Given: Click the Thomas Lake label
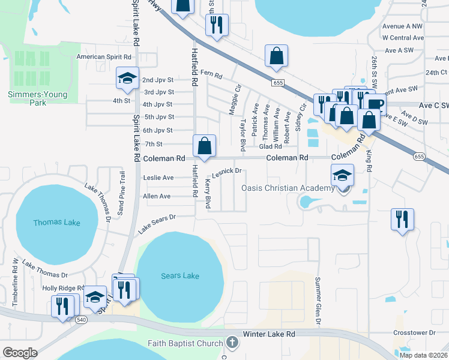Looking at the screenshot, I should click(56, 223).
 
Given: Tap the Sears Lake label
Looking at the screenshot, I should click(179, 275).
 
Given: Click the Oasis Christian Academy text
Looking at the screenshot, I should click(288, 188).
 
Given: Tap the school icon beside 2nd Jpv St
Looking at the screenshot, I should click(127, 77).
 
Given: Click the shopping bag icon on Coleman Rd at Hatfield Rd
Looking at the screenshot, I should click(204, 146).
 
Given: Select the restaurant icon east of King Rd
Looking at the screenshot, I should click(401, 218).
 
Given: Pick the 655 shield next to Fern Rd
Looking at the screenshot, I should click(277, 82).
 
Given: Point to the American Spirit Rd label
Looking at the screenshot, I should click(104, 57).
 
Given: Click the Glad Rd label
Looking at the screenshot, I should click(270, 146).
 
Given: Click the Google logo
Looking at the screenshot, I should click(20, 353).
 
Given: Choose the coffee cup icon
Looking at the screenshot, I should click(376, 103).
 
